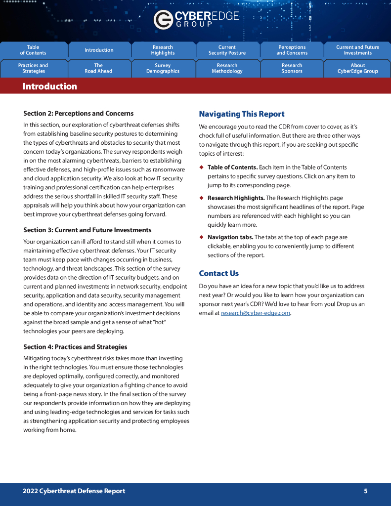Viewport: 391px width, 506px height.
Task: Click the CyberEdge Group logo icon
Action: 163,20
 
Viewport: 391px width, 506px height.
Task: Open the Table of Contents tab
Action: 33,50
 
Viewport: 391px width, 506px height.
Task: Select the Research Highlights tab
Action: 163,50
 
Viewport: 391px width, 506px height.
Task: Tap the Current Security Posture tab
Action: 227,50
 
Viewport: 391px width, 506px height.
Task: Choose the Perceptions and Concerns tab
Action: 292,50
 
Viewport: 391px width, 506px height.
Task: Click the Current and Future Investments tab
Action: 357,50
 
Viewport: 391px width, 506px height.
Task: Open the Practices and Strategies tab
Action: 33,68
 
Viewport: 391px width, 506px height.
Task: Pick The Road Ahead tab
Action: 98,68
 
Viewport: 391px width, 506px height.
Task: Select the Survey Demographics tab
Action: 163,68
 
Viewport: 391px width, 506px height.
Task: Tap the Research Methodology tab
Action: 227,68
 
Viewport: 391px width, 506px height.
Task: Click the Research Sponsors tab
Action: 292,68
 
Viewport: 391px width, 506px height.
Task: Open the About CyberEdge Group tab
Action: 357,68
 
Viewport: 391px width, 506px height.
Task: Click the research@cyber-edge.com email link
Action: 255,313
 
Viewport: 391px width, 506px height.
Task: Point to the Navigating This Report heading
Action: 242,114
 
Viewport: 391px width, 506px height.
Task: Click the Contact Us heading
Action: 218,273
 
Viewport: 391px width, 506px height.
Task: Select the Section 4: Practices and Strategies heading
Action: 75,347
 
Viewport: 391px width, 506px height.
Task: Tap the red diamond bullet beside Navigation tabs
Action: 201,237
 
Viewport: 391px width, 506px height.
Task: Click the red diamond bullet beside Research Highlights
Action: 201,198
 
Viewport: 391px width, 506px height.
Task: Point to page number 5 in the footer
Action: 366,491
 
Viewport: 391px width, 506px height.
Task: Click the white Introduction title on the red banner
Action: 50,86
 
